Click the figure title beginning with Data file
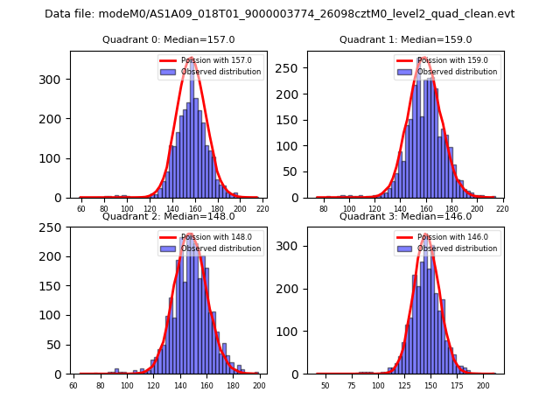click(x=280, y=14)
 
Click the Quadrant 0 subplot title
click(x=168, y=39)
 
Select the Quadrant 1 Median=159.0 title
click(x=405, y=39)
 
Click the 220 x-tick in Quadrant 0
click(x=262, y=209)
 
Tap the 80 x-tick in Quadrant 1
click(x=324, y=209)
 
